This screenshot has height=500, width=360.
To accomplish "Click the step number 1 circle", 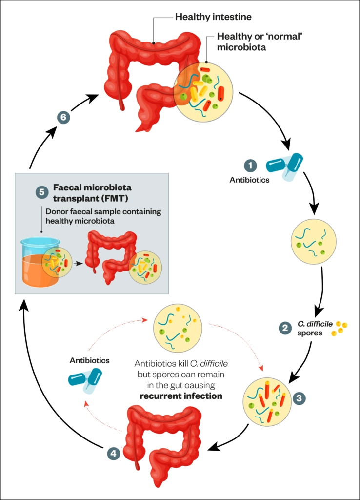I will [250, 166].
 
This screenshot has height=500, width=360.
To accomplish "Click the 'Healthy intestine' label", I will [214, 18].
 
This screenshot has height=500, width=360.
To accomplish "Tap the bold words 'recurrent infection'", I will [180, 396].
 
